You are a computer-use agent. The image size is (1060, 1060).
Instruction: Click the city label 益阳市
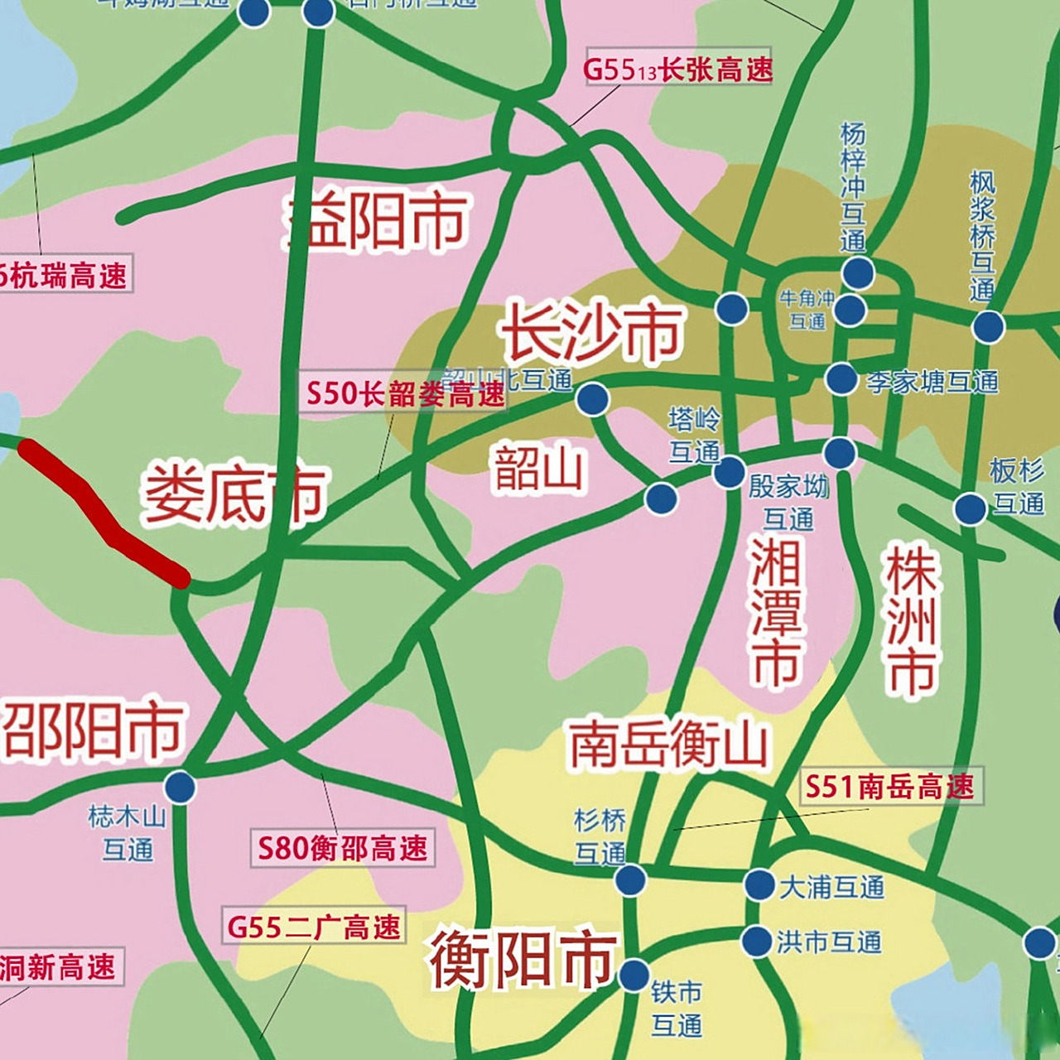pyautogui.click(x=378, y=221)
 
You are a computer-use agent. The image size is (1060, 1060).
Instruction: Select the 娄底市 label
pyautogui.click(x=235, y=494)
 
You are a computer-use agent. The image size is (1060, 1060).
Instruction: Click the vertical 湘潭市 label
pyautogui.click(x=776, y=613)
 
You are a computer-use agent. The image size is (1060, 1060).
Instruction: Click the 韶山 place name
pyautogui.click(x=539, y=469)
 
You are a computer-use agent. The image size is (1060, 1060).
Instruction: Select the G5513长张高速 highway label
pyautogui.click(x=677, y=70)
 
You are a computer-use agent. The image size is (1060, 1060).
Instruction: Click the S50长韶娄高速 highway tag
pyautogui.click(x=405, y=393)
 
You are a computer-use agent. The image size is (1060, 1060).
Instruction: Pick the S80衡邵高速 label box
pyautogui.click(x=343, y=848)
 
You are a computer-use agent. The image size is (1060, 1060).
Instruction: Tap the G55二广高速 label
pyautogui.click(x=314, y=927)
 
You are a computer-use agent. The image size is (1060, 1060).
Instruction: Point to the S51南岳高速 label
pyautogui.click(x=889, y=786)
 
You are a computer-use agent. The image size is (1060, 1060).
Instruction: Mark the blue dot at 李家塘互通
pyautogui.click(x=841, y=379)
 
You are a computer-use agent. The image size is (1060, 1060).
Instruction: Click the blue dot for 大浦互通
pyautogui.click(x=759, y=884)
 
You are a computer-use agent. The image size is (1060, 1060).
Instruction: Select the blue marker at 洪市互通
pyautogui.click(x=756, y=942)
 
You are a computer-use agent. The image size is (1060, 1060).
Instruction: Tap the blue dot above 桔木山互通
pyautogui.click(x=180, y=786)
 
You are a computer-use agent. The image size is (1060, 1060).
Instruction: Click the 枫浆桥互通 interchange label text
pyautogui.click(x=982, y=237)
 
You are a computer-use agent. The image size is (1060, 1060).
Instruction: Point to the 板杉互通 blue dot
pyautogui.click(x=970, y=508)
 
